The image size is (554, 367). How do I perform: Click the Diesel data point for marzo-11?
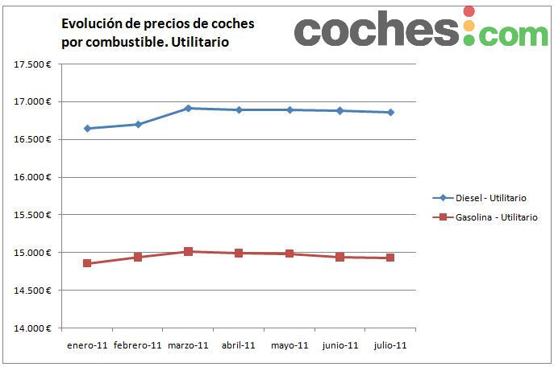tap(188, 108)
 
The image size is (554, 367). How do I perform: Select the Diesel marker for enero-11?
tap(87, 129)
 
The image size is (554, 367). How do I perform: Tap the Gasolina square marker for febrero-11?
tap(138, 258)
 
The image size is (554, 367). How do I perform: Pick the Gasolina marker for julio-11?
tap(390, 258)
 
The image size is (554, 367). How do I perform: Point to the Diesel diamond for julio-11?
tap(390, 113)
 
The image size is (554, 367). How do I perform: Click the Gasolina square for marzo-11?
tap(188, 251)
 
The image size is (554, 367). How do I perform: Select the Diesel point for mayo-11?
tap(289, 109)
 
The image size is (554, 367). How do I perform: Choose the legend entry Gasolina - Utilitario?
tap(496, 217)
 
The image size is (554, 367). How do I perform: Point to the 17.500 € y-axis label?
tap(33, 64)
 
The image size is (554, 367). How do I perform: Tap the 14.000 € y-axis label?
tap(33, 328)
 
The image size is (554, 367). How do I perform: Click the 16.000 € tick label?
tap(33, 178)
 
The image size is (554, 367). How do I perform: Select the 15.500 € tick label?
tap(33, 215)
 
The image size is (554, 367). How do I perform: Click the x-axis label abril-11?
tap(239, 345)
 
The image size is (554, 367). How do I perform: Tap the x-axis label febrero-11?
tap(138, 345)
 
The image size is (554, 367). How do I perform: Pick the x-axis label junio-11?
tap(339, 345)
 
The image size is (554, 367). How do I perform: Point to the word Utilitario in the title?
tap(198, 42)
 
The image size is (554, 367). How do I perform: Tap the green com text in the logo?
tap(515, 34)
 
